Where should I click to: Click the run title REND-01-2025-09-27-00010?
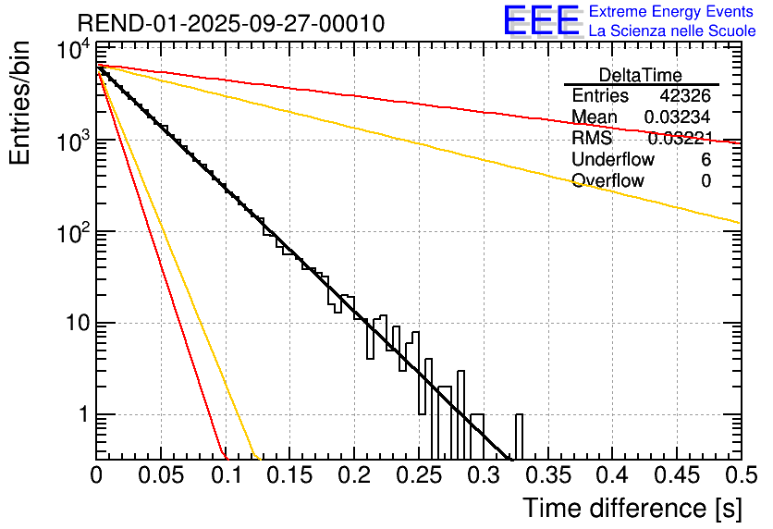231,23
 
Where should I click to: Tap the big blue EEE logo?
540,21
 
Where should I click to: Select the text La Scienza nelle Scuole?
672,31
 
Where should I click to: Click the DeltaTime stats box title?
641,75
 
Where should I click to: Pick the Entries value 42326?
685,96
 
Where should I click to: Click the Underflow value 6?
706,160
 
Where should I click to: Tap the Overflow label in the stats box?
608,181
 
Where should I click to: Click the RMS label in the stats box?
592,139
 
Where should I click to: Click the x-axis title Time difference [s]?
631,508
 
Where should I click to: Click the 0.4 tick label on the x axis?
611,476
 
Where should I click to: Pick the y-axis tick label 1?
81,415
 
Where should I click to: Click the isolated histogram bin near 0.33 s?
519,436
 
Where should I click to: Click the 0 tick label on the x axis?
97,476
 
